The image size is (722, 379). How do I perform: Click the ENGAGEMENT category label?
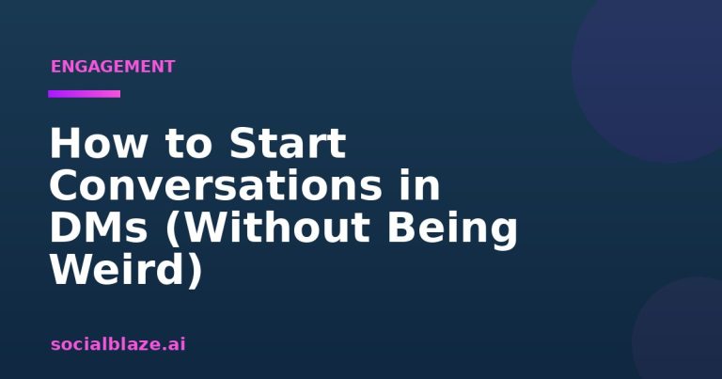[x=113, y=67]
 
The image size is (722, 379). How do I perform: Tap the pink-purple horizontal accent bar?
[x=85, y=94]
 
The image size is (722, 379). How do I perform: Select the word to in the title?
[x=187, y=144]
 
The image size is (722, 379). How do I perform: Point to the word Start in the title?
[x=288, y=143]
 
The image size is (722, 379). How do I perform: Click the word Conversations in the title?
[x=215, y=185]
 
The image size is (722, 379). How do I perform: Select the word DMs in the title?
[x=99, y=228]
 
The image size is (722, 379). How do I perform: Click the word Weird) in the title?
[x=126, y=270]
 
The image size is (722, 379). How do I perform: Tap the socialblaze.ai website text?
[x=118, y=344]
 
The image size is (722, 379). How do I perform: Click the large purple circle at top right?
[x=648, y=78]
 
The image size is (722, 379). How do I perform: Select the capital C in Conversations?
[x=64, y=185]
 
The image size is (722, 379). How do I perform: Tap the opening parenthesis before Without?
[x=173, y=229]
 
